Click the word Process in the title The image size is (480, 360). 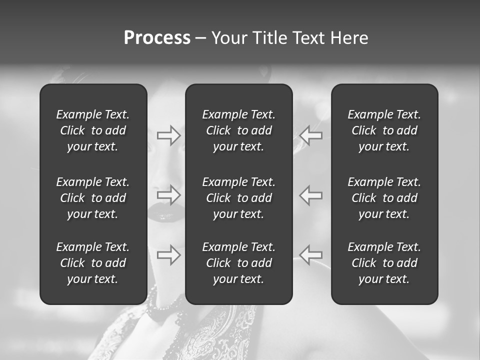[x=157, y=38]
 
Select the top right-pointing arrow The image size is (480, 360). [x=168, y=135]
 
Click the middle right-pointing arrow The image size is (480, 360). [x=168, y=194]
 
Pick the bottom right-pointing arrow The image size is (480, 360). [x=168, y=254]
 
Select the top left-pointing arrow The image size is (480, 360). [x=311, y=135]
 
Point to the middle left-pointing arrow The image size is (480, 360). [x=311, y=194]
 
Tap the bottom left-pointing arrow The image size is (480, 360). [x=311, y=254]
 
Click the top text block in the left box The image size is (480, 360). [x=93, y=130]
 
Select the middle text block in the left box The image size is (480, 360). [x=93, y=198]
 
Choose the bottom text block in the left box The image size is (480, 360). [x=93, y=263]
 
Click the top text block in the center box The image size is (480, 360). [x=239, y=130]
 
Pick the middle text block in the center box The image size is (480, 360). [x=239, y=198]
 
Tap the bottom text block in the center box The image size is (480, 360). [x=239, y=263]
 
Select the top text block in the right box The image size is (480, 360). [x=384, y=130]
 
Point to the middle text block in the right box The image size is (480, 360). [x=384, y=198]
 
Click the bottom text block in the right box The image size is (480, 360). [x=384, y=263]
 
